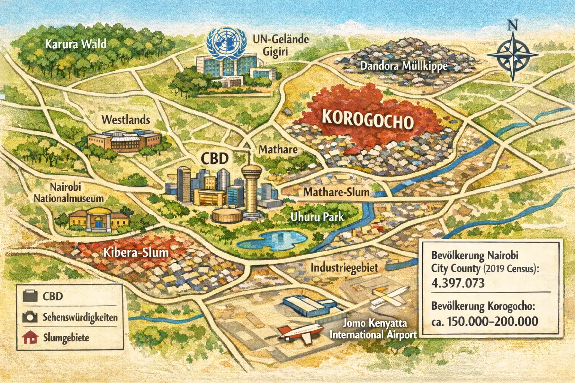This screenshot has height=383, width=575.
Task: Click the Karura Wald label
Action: (75, 44)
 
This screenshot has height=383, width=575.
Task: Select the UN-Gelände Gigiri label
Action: (280, 45)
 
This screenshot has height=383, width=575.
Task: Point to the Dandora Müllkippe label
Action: (404, 66)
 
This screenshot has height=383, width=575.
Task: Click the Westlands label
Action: (125, 120)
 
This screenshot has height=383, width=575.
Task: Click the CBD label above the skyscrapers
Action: (215, 159)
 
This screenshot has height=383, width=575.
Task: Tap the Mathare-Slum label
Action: (336, 192)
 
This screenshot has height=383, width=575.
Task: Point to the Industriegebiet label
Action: (344, 267)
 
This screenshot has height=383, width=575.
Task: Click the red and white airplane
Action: (301, 332)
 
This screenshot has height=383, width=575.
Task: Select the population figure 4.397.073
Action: (457, 283)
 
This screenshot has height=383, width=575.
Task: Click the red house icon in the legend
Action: (30, 338)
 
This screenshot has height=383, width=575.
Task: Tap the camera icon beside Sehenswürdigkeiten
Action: (30, 317)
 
